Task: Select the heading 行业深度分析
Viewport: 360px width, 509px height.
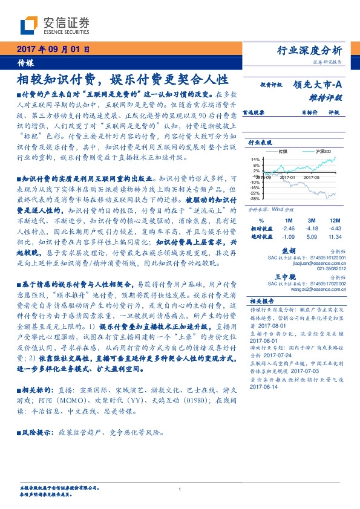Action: [313, 50]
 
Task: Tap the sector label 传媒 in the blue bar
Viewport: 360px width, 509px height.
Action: [25, 62]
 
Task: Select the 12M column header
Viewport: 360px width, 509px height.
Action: [335, 221]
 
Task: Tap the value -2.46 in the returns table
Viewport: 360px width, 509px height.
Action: [288, 229]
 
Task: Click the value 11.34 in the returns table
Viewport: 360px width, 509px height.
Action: [334, 237]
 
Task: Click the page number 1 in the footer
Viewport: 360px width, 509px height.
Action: [180, 489]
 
